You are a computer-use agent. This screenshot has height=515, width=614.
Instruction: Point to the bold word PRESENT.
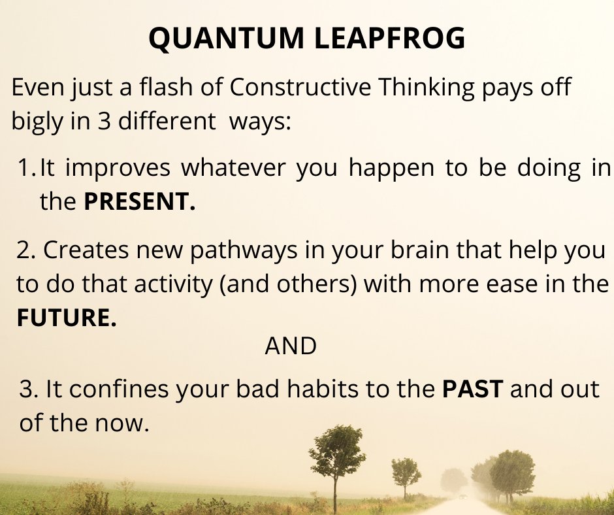(139, 202)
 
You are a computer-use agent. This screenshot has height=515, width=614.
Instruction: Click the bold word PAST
(473, 390)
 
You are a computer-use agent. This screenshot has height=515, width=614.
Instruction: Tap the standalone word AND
(291, 347)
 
